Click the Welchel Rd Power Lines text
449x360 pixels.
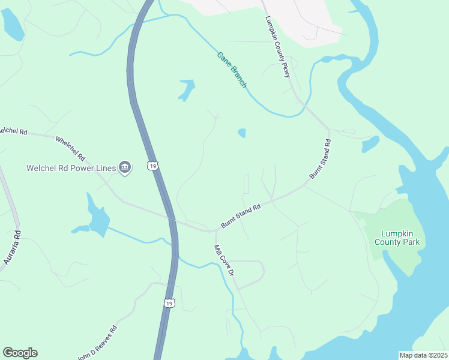pyautogui.click(x=71, y=168)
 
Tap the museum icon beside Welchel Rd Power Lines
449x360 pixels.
pyautogui.click(x=125, y=167)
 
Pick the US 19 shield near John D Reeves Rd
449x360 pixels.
pyautogui.click(x=169, y=303)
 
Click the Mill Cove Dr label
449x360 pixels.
pyautogui.click(x=224, y=260)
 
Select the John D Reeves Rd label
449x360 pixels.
pyautogui.click(x=97, y=341)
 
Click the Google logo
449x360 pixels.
pyautogui.click(x=20, y=353)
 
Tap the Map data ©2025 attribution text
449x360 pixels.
pyautogui.click(x=423, y=355)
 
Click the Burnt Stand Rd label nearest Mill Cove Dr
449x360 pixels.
pyautogui.click(x=240, y=216)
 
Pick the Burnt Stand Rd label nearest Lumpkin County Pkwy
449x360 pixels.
pyautogui.click(x=321, y=159)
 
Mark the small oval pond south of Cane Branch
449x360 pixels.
pyautogui.click(x=242, y=133)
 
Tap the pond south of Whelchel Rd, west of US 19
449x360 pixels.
pyautogui.click(x=97, y=217)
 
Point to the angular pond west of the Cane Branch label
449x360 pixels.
pyautogui.click(x=187, y=90)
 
